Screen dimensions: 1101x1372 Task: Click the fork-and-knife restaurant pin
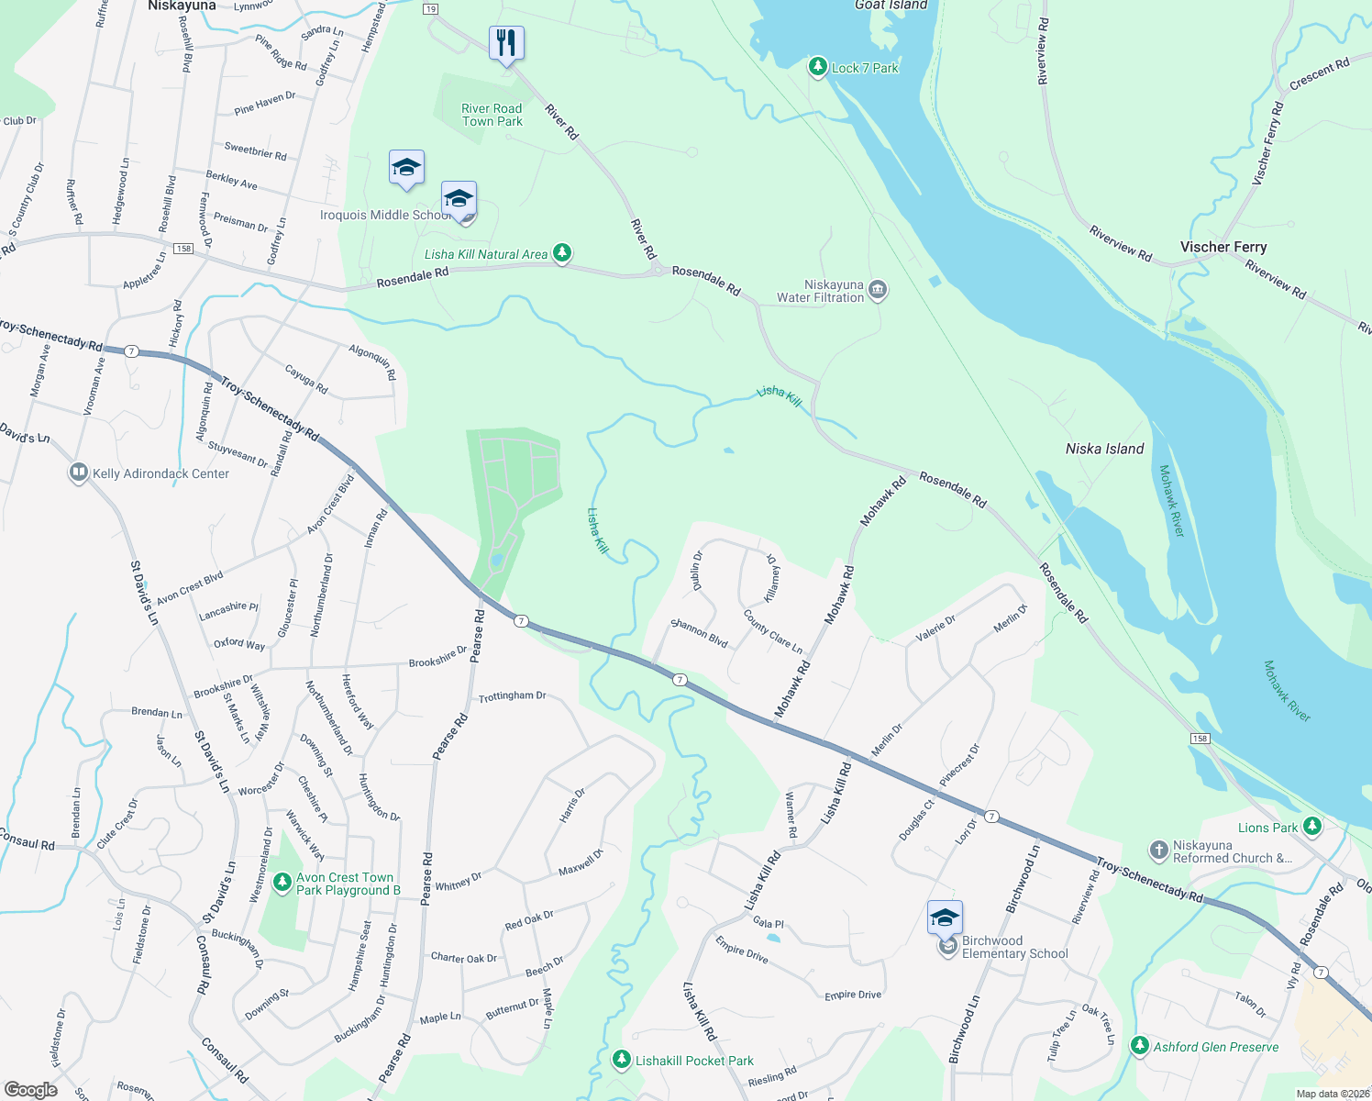506,43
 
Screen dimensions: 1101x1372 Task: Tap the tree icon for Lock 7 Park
817,67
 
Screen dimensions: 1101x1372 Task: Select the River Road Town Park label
492,115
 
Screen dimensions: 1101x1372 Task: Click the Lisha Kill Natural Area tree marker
562,253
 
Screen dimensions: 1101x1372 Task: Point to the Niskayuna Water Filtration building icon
878,291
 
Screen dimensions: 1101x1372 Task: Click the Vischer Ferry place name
1223,247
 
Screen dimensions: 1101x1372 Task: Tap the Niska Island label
1104,449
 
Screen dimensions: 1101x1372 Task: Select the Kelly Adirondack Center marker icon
79,473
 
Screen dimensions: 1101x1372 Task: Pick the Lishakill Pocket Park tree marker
622,1061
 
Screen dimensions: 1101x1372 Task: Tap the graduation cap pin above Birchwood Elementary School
945,917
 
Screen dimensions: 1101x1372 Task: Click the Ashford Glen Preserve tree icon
1139,1046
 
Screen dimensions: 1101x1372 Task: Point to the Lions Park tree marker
1312,827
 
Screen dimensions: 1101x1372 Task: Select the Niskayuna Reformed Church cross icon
1159,851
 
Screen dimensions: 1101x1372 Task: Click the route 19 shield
430,9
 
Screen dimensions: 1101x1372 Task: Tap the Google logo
30,1089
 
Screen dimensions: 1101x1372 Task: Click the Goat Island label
891,6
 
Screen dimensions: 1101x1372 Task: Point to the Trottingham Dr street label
512,696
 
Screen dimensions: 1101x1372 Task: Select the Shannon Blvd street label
699,633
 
